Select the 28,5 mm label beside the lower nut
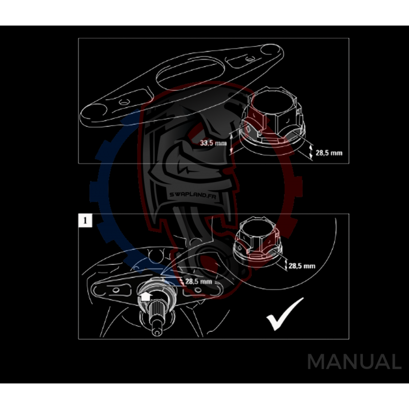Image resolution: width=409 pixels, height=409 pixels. coord(302,266)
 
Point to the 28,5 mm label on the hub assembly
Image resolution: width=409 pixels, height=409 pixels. coord(198,281)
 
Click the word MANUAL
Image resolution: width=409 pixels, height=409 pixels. coord(354,362)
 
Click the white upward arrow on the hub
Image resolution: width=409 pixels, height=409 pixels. coord(145,297)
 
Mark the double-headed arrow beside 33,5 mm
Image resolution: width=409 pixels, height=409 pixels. coord(232,141)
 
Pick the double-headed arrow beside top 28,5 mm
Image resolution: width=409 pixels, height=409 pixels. coord(311,151)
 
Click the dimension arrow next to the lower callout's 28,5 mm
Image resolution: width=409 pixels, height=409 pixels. coord(284,263)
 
